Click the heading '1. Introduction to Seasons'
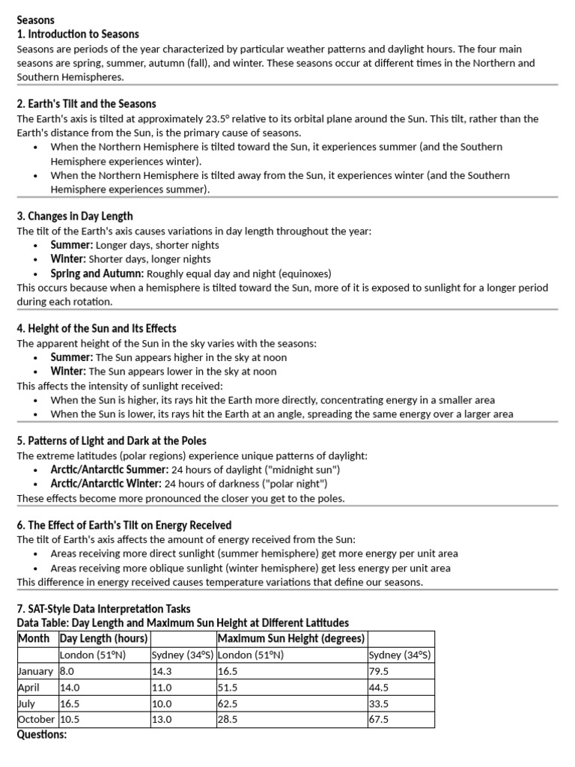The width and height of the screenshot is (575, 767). [x=77, y=34]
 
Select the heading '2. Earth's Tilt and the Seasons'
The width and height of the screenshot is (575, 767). [x=86, y=103]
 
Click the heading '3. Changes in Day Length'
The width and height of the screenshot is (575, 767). [x=76, y=216]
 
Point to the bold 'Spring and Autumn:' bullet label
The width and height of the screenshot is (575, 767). [x=97, y=273]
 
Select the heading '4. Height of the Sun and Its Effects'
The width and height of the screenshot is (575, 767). [x=97, y=328]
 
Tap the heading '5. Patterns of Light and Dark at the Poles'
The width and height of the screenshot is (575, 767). [x=112, y=440]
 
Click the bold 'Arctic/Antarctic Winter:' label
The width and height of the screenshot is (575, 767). [x=106, y=484]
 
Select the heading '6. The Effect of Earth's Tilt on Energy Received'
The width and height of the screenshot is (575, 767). [x=124, y=525]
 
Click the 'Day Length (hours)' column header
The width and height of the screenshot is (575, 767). [x=104, y=638]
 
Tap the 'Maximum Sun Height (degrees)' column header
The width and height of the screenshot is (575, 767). [x=290, y=638]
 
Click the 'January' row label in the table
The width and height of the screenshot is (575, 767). [x=36, y=671]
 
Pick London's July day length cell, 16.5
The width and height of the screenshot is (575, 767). [x=70, y=703]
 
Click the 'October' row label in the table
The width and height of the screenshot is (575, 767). [x=36, y=719]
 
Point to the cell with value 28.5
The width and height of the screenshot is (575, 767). [x=228, y=719]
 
